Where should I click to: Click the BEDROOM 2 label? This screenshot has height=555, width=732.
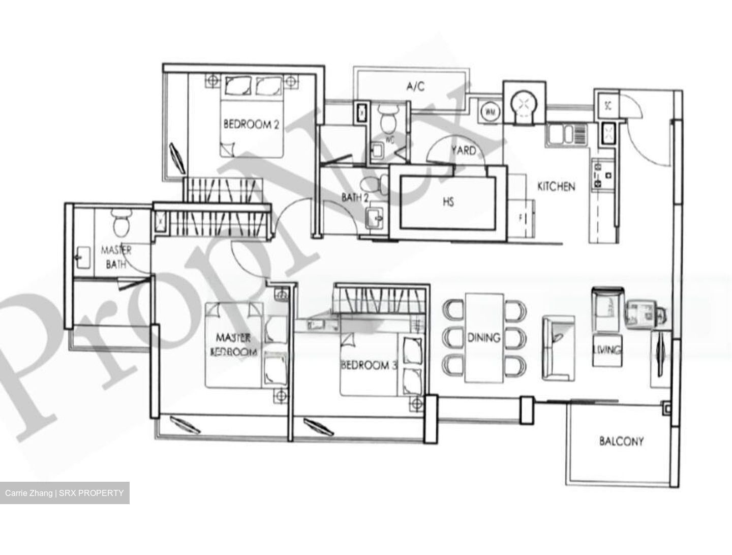point(251,124)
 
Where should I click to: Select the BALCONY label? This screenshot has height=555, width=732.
point(621,441)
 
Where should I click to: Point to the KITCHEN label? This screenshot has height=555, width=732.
point(556,187)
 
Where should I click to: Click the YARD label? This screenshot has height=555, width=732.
point(464,150)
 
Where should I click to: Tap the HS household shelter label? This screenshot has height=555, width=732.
point(448,202)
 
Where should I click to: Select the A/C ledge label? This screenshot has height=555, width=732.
point(415,86)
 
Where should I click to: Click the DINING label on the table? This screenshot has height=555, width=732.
point(483,337)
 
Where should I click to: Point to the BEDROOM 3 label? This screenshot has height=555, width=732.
point(369,365)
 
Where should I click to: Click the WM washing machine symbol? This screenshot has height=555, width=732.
point(490,111)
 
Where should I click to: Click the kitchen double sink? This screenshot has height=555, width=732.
point(567,135)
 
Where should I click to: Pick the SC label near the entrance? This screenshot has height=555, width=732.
point(607,106)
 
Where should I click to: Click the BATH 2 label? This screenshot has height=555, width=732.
point(354,197)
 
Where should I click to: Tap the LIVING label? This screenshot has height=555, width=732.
point(607,350)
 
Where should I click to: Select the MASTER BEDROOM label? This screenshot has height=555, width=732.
point(233,344)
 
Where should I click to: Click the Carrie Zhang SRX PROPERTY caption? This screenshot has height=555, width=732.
point(65,493)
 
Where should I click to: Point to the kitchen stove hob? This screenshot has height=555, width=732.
point(598,172)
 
